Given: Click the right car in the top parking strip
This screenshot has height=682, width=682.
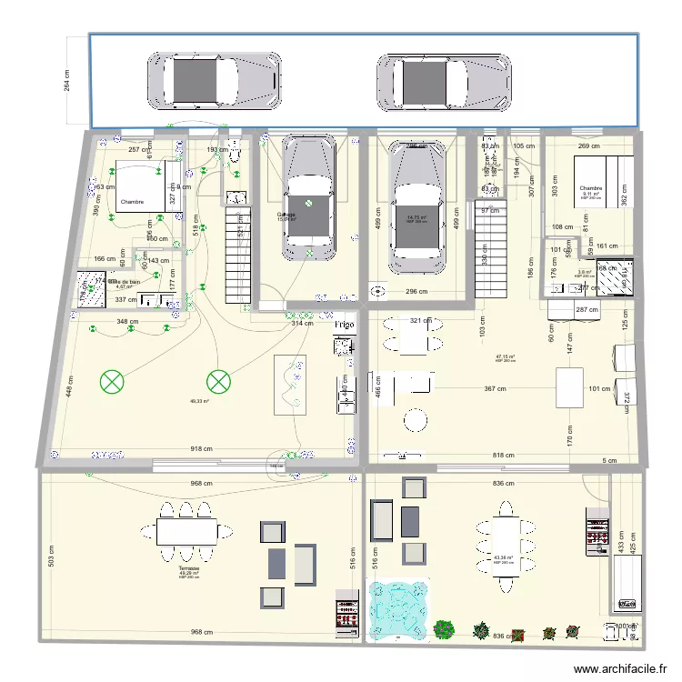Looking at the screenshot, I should coord(444,81).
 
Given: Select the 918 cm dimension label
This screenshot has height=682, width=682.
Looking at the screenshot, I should coord(201,449).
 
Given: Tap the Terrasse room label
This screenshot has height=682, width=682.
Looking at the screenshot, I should coord(189,568).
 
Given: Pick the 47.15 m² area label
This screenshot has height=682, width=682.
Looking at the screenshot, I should coord(505,356).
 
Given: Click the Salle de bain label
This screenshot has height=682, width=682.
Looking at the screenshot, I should coord(124,282).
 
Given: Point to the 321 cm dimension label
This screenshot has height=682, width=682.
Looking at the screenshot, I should coord(420,320).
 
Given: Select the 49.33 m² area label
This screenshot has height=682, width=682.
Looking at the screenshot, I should coord(199,400).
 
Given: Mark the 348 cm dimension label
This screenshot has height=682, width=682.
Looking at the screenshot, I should coord(127,321).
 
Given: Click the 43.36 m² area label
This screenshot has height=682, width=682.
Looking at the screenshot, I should coord(503,557).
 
